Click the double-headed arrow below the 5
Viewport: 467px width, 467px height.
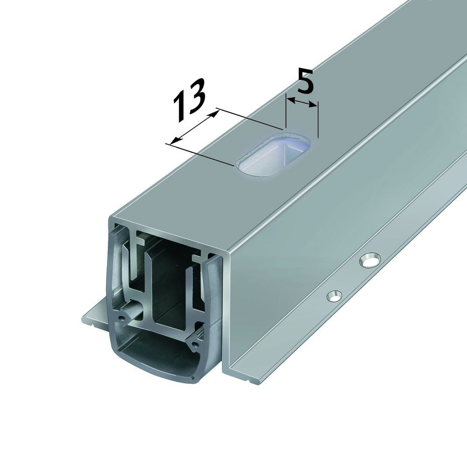click(x=302, y=102)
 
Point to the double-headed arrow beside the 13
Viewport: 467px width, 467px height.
click(x=194, y=126)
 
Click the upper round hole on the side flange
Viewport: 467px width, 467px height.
click(x=370, y=260)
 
